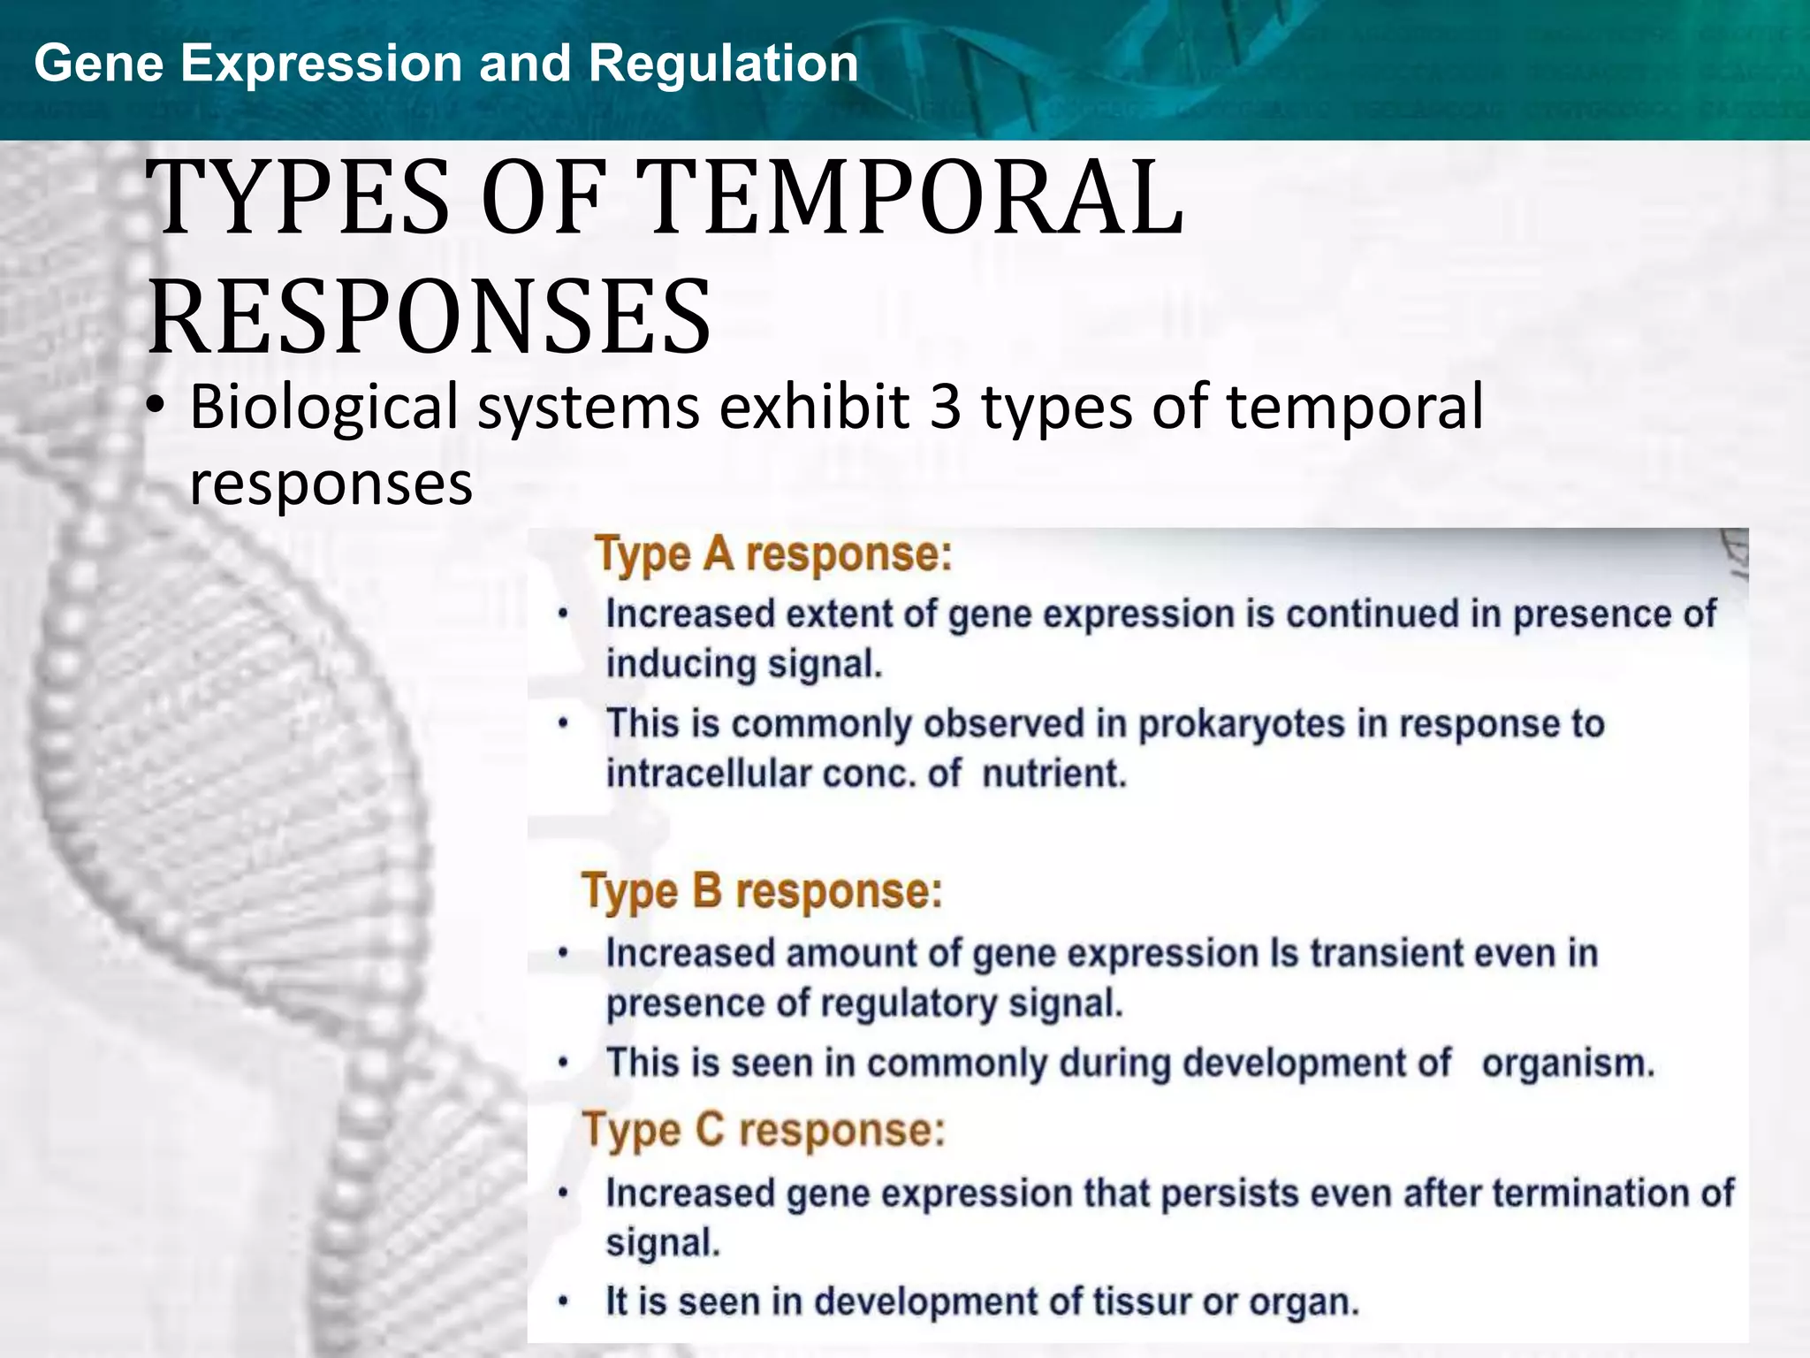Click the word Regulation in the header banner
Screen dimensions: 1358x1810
tap(723, 64)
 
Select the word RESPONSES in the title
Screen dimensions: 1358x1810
tap(430, 317)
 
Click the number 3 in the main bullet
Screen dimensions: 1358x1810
tap(946, 408)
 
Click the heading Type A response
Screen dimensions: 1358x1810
tap(773, 555)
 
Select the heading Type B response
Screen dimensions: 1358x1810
tap(762, 890)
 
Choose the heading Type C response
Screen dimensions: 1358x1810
tap(764, 1130)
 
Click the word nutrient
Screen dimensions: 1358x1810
tap(1054, 774)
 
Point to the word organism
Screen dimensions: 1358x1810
tap(1567, 1063)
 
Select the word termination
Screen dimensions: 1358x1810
tap(1586, 1194)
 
